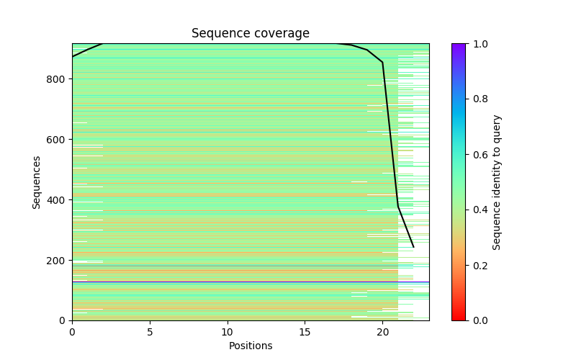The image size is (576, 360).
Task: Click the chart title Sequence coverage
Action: click(250, 34)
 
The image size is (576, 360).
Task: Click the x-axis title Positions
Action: click(250, 346)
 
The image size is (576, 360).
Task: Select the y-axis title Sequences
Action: click(36, 182)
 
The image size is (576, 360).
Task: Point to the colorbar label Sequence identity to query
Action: click(497, 182)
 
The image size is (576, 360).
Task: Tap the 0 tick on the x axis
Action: click(72, 332)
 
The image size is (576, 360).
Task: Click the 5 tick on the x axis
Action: click(150, 332)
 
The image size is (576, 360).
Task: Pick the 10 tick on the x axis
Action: click(228, 332)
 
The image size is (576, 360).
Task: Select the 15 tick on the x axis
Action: click(305, 332)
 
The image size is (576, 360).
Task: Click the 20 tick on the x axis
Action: click(382, 332)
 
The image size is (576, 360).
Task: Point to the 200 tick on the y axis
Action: click(58, 261)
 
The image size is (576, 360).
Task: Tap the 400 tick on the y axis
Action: click(58, 200)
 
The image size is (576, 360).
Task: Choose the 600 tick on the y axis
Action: click(58, 140)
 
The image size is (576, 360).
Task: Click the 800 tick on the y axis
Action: click(58, 79)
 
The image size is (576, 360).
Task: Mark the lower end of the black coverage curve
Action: click(413, 247)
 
